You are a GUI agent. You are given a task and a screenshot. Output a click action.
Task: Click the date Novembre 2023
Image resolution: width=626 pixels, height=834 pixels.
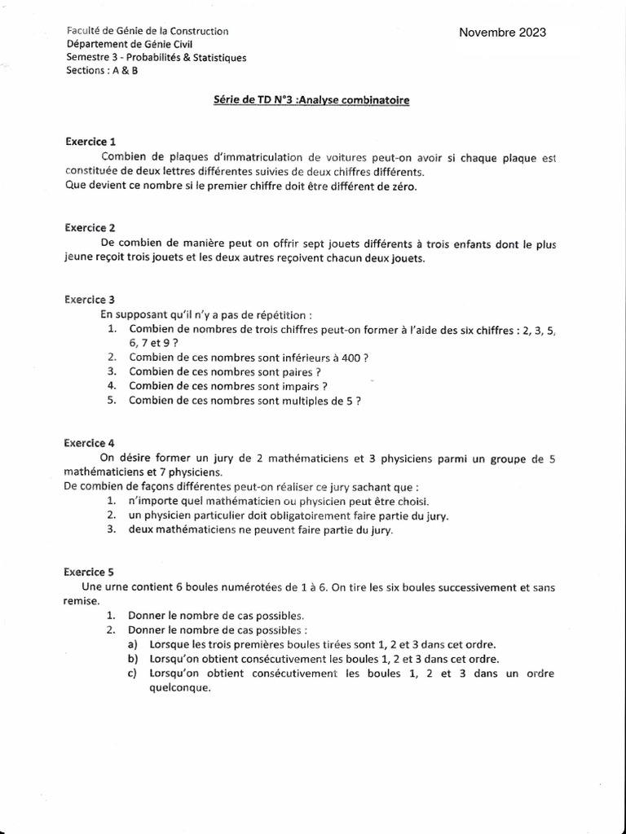pyautogui.click(x=502, y=33)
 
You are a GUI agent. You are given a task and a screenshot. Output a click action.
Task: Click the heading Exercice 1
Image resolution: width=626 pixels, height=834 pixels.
pyautogui.click(x=91, y=141)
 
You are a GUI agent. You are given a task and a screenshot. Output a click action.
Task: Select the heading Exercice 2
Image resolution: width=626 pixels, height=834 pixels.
pyautogui.click(x=91, y=227)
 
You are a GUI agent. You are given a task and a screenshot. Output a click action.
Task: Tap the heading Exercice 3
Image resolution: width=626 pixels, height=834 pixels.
pyautogui.click(x=91, y=300)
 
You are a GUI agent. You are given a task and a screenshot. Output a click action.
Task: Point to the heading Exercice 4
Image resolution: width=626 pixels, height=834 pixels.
pyautogui.click(x=91, y=443)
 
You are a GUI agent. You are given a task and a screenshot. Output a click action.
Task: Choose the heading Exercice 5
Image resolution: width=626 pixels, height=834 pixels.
pyautogui.click(x=91, y=572)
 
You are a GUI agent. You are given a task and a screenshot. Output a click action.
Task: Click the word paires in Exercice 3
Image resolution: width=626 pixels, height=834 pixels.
pyautogui.click(x=296, y=371)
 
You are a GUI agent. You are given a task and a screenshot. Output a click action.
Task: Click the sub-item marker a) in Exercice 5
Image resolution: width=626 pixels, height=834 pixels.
pyautogui.click(x=134, y=643)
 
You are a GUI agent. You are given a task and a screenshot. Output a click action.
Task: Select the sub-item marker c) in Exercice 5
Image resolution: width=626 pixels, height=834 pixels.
pyautogui.click(x=134, y=674)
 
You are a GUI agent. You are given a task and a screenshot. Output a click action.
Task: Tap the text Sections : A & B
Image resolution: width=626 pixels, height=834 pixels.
pyautogui.click(x=103, y=71)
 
